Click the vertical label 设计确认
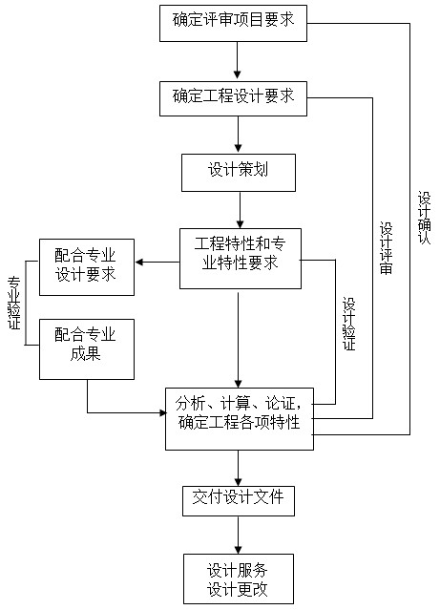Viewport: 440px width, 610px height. click(425, 218)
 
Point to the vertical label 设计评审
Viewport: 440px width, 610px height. click(387, 248)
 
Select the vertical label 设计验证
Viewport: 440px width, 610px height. click(349, 324)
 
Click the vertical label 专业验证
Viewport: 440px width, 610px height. click(14, 303)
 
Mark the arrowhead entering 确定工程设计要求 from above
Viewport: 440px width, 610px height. click(238, 74)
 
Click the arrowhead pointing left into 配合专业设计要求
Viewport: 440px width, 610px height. click(139, 263)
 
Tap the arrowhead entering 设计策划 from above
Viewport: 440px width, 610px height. click(239, 148)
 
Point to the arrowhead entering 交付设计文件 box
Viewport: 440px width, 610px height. click(239, 480)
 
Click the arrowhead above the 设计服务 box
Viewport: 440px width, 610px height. click(238, 549)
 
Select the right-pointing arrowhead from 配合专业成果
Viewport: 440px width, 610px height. click(162, 412)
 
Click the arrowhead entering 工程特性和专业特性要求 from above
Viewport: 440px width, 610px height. click(240, 223)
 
